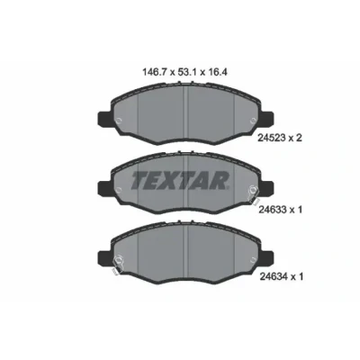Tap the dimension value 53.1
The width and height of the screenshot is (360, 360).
pyautogui.click(x=187, y=72)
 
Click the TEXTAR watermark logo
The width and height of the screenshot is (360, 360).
pyautogui.click(x=180, y=180)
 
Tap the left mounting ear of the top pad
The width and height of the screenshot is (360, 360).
pyautogui.click(x=104, y=119)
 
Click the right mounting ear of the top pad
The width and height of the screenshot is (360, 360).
pyautogui.click(x=267, y=119)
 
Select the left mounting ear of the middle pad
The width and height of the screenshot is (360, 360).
pyautogui.click(x=104, y=188)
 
